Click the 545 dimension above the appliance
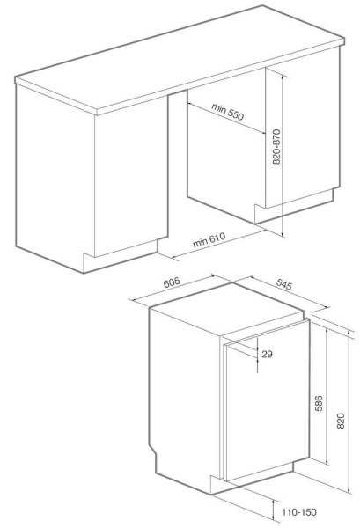tap(280, 285)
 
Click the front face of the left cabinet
tap(53, 167)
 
